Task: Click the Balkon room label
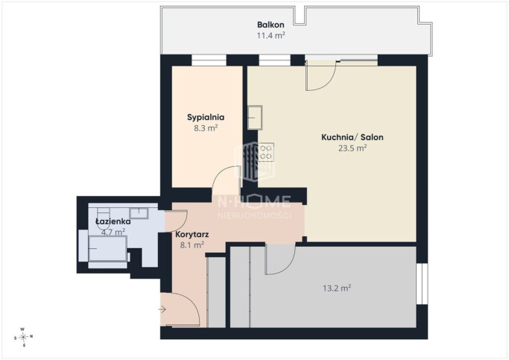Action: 271,25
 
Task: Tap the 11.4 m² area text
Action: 271,35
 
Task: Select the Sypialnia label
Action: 206,118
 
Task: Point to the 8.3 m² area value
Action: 206,128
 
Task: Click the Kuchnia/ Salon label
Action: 352,137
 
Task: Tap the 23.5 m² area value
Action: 352,148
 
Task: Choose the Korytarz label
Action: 192,234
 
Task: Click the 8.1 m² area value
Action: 192,244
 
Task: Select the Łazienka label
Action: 113,221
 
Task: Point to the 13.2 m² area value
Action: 337,288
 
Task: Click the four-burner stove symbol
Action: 266,152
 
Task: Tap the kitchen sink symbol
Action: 255,118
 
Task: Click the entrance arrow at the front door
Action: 162,309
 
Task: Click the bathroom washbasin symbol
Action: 139,213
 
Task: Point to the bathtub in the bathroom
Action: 107,249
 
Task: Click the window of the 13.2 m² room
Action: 422,284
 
